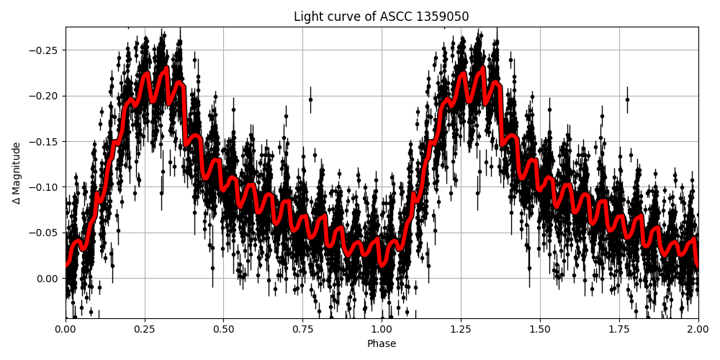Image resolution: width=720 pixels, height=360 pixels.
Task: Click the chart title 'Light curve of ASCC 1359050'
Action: click(x=382, y=17)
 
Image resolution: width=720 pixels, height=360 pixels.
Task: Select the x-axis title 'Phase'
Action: click(x=382, y=344)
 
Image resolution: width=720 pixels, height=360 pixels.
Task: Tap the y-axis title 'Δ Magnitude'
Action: click(x=17, y=173)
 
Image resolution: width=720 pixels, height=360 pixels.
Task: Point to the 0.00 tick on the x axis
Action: click(x=66, y=330)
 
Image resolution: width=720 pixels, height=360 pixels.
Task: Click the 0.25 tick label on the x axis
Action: click(x=144, y=330)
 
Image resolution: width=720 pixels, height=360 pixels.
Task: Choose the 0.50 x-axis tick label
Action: click(x=223, y=330)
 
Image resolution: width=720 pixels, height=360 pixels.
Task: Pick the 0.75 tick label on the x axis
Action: click(x=302, y=330)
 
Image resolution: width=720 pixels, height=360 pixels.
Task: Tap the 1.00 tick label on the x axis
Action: click(x=382, y=330)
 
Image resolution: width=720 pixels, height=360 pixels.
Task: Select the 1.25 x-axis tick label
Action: click(x=461, y=330)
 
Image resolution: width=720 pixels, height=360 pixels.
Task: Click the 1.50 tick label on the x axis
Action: click(x=540, y=330)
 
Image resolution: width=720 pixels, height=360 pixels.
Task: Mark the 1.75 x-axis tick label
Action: click(x=619, y=330)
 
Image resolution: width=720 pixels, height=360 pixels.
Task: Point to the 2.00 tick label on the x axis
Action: click(x=698, y=330)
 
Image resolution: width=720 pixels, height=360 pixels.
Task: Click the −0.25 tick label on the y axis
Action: click(x=45, y=50)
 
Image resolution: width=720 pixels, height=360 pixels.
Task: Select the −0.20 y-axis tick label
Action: click(x=45, y=96)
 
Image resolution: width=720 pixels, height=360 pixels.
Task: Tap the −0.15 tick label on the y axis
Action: click(x=45, y=142)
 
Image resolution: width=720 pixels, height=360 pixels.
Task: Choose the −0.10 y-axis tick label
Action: click(x=45, y=187)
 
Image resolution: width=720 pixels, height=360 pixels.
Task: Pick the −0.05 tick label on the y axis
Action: click(x=45, y=233)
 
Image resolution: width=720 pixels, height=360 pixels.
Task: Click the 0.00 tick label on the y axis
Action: click(x=48, y=279)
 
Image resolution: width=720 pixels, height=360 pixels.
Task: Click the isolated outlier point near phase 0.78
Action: click(x=311, y=99)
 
